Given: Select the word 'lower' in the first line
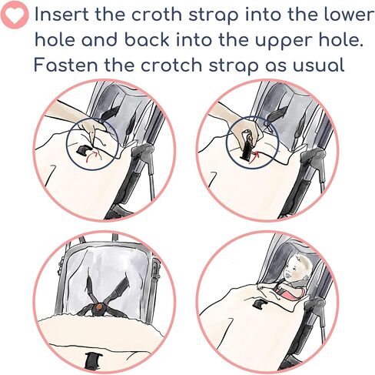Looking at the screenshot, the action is (349, 15).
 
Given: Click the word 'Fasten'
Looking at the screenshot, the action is (65, 65).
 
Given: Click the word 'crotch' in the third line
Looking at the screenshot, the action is (171, 65).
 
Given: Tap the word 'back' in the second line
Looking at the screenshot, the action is (147, 40).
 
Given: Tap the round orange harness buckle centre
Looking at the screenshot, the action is (98, 306).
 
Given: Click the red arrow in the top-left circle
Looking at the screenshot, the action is (91, 156).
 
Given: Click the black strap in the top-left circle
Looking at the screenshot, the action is (85, 150).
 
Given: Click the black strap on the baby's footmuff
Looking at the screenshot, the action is (259, 303).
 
